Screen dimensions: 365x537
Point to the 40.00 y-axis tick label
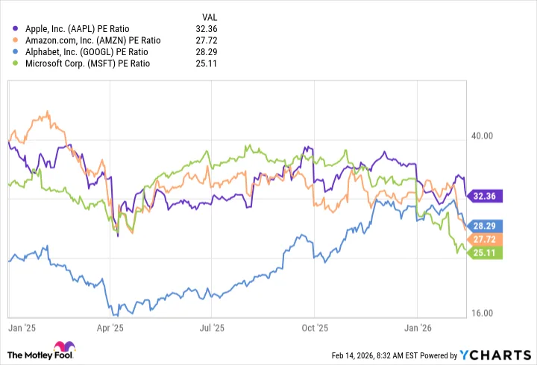pos(481,136)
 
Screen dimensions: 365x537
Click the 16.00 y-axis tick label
pos(481,313)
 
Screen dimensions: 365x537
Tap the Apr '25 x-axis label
pos(110,326)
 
